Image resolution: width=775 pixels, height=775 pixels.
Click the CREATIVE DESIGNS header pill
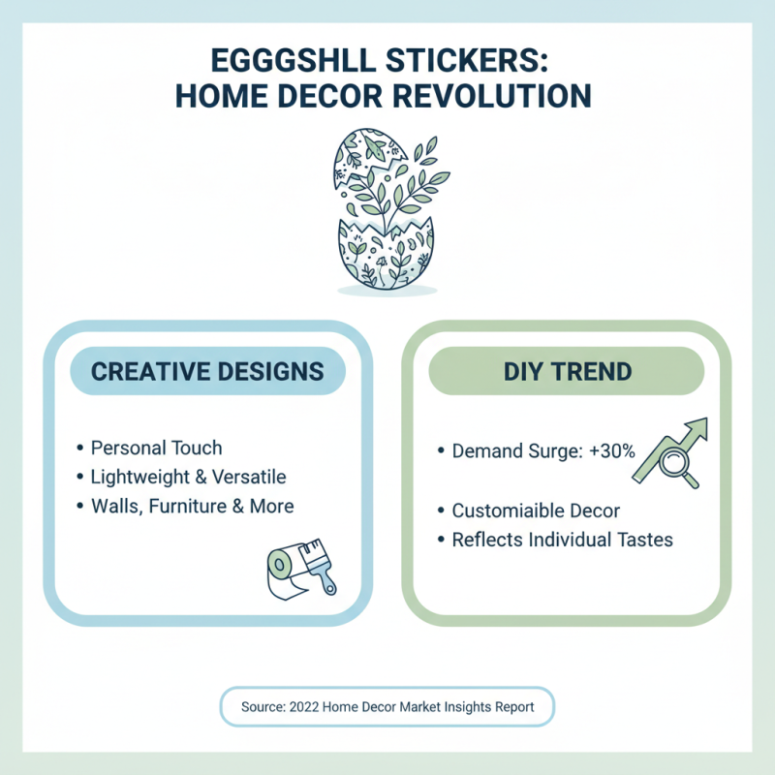coord(207,371)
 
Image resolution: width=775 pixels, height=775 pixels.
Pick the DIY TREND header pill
coord(567,371)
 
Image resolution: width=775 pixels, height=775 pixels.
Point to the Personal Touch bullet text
coord(156,448)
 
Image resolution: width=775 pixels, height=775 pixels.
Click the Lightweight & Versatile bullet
coord(188,477)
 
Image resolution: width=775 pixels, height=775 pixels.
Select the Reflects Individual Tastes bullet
coord(562,540)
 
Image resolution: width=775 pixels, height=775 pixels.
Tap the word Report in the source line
coord(511,707)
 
